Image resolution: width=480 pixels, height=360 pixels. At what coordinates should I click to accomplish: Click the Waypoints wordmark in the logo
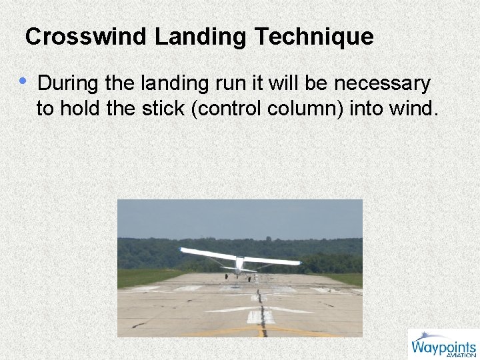443,346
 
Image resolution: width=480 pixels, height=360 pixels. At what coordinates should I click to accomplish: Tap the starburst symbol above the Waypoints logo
424,335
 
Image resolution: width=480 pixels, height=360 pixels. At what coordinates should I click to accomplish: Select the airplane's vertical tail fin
240,263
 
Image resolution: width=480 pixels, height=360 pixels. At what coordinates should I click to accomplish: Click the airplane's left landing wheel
226,277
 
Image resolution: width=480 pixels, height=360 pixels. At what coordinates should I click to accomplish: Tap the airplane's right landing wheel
250,279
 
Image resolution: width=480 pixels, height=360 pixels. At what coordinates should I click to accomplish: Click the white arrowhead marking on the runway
259,309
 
